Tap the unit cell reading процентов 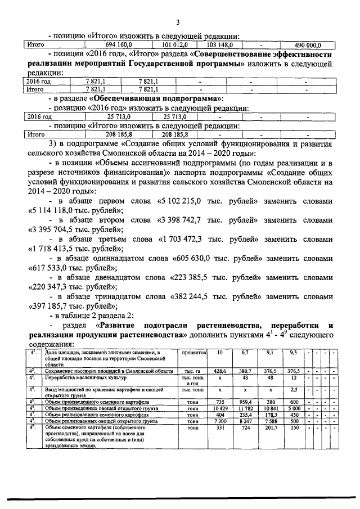tap(194, 353)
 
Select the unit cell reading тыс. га tap(194, 372)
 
